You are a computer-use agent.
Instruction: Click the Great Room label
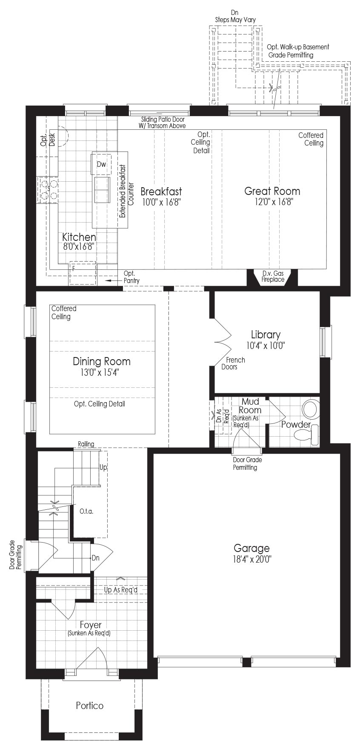(272, 191)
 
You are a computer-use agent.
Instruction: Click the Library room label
(266, 334)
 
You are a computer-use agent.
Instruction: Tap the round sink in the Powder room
(310, 409)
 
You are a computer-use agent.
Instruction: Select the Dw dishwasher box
(101, 164)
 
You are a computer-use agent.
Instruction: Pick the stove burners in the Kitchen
(49, 190)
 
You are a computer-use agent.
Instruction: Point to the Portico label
(90, 706)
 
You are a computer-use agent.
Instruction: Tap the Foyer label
(91, 625)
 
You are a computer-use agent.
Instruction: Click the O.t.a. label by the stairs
(86, 511)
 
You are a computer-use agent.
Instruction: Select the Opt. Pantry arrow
(112, 281)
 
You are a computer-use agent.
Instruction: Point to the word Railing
(86, 444)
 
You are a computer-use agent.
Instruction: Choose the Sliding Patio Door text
(163, 120)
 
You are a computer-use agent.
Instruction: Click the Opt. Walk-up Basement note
(298, 51)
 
